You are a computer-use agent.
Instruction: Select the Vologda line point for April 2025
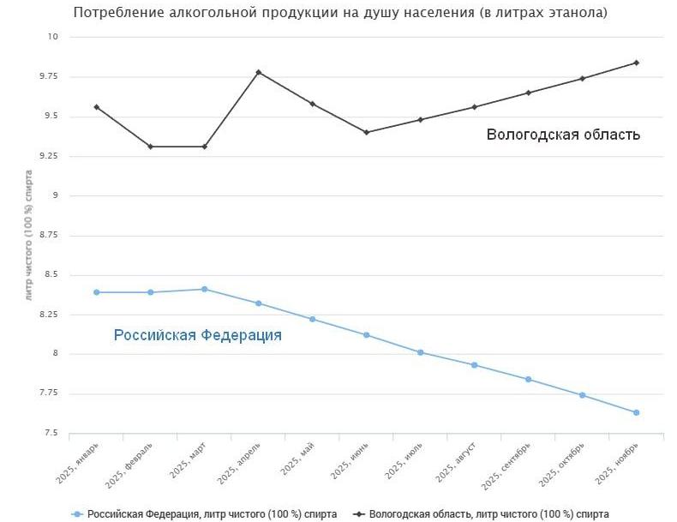coord(259,72)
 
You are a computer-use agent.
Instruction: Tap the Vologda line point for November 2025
coord(637,63)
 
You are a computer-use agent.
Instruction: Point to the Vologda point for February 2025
coord(151,147)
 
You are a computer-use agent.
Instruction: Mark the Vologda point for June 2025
coord(367,132)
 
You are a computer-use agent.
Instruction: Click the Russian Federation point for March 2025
coord(205,289)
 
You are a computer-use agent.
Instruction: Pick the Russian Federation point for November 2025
coord(637,412)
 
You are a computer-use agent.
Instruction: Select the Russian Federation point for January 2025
coord(97,292)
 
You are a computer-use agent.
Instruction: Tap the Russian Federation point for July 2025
coord(421,352)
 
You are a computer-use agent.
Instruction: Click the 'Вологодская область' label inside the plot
coord(563,135)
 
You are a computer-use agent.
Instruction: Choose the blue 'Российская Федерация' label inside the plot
coord(198,335)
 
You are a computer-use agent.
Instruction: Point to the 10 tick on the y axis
coord(52,37)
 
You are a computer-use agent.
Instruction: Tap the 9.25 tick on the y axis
coord(48,156)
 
